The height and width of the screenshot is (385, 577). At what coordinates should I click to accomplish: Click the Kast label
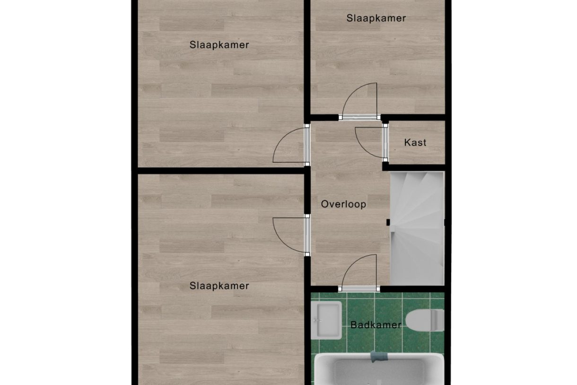point(415,143)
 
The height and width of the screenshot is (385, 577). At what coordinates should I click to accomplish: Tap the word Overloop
point(343,204)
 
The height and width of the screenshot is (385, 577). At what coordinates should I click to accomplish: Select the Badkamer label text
point(376,325)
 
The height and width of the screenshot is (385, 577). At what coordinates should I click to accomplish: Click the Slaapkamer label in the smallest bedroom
point(376,18)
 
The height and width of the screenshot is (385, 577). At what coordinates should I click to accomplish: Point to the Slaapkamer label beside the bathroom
point(219,286)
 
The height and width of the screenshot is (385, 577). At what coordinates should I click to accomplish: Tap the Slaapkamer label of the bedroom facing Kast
point(219,45)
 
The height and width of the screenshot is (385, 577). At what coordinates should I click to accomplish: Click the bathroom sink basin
point(328,320)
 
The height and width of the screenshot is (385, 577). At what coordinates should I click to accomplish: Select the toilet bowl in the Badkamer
point(419,320)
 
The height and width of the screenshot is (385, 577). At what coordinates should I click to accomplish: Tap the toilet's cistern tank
point(437,320)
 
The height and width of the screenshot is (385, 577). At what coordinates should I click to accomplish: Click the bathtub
point(379,369)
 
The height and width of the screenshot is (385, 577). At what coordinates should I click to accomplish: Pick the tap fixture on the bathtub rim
point(379,357)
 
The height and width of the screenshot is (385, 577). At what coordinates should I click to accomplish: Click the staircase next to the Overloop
point(417,228)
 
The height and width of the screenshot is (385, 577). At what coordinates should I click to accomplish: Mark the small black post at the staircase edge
point(388,222)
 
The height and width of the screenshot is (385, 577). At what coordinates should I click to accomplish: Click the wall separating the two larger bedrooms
point(221,170)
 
